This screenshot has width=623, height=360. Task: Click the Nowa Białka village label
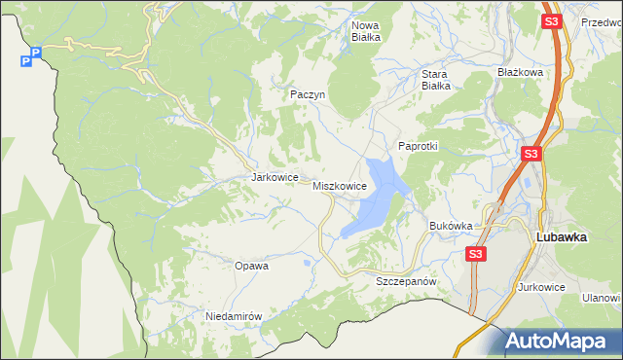366,31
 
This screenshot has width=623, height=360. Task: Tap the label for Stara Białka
435,79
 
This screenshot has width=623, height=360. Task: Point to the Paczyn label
307,94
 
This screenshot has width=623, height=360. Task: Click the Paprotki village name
419,146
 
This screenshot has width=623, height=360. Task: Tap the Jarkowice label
273,178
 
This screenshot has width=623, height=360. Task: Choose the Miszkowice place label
339,185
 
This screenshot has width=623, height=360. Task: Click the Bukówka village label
451,226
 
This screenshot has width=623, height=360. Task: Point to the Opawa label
251,265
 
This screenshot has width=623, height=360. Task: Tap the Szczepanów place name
404,280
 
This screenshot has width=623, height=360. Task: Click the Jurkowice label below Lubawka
542,287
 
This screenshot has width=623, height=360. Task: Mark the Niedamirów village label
235,316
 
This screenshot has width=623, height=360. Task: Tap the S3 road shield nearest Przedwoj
552,20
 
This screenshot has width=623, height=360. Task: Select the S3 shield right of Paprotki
531,154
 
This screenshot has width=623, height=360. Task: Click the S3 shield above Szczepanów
474,254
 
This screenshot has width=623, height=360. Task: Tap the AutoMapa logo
556,342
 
